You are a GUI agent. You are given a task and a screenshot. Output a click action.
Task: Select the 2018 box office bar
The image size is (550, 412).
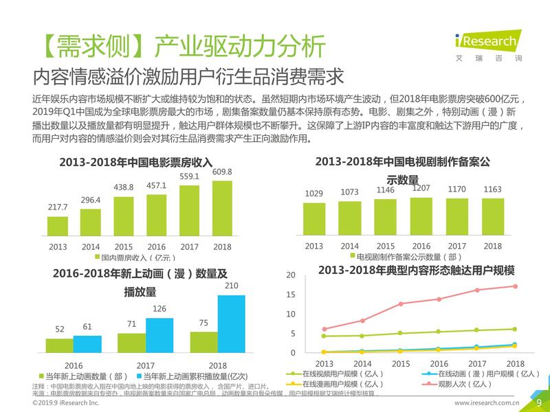tap(222, 208)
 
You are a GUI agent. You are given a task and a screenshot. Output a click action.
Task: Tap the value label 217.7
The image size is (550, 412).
tap(58, 207)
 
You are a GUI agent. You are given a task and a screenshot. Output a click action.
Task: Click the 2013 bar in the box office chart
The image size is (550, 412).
tap(58, 225)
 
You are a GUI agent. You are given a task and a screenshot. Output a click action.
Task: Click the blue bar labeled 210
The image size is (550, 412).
tap(232, 323)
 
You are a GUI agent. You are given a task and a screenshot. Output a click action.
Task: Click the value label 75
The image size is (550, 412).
tap(203, 323)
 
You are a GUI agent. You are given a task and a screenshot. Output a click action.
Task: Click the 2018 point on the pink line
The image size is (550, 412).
tap(515, 286)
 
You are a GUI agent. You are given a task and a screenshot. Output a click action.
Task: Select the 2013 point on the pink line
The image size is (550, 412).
tap(324, 329)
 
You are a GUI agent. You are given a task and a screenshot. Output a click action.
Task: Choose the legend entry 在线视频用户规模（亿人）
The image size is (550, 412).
tap(335, 374)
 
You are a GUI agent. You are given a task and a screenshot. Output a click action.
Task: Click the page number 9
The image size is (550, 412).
tap(538, 402)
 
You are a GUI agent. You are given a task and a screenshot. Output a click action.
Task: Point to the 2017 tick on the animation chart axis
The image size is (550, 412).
tap(145, 365)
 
